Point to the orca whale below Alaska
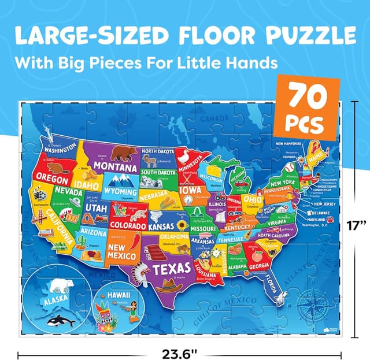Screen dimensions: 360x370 coord(61,321)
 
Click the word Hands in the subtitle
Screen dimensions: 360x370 coord(262,61)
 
